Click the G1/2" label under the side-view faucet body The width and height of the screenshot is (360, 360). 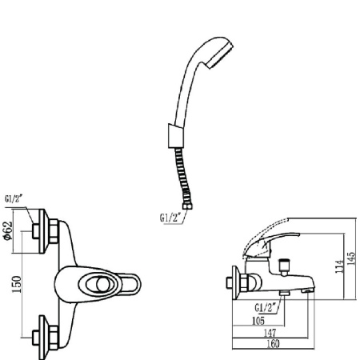pos(265,307)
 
